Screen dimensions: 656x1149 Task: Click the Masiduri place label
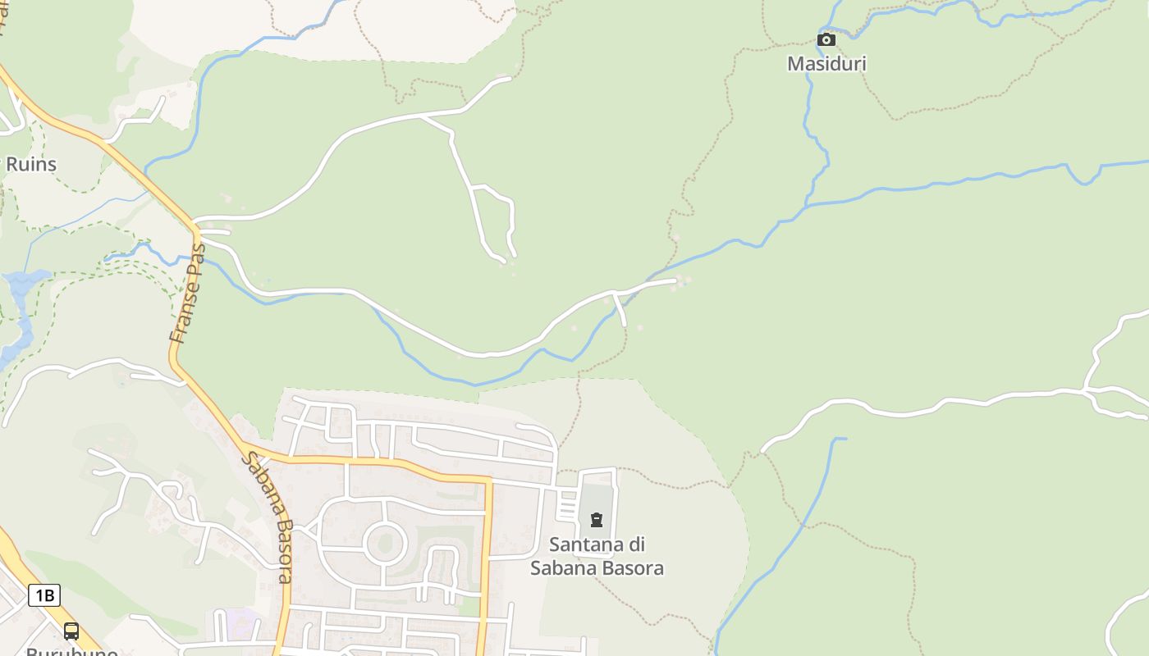tap(826, 63)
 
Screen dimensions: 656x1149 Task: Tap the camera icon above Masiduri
tap(826, 39)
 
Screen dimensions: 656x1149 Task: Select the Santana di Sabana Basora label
tap(597, 556)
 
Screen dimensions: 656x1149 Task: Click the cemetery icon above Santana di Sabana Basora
tap(597, 519)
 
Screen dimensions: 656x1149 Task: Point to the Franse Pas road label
tap(188, 293)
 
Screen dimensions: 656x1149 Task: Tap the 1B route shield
tap(44, 595)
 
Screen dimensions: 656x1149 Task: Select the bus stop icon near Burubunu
tap(71, 631)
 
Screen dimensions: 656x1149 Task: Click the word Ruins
tap(31, 164)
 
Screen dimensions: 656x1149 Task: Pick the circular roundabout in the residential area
tap(385, 544)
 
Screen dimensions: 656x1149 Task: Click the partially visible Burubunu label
tap(72, 651)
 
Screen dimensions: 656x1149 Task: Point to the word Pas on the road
tap(195, 258)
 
